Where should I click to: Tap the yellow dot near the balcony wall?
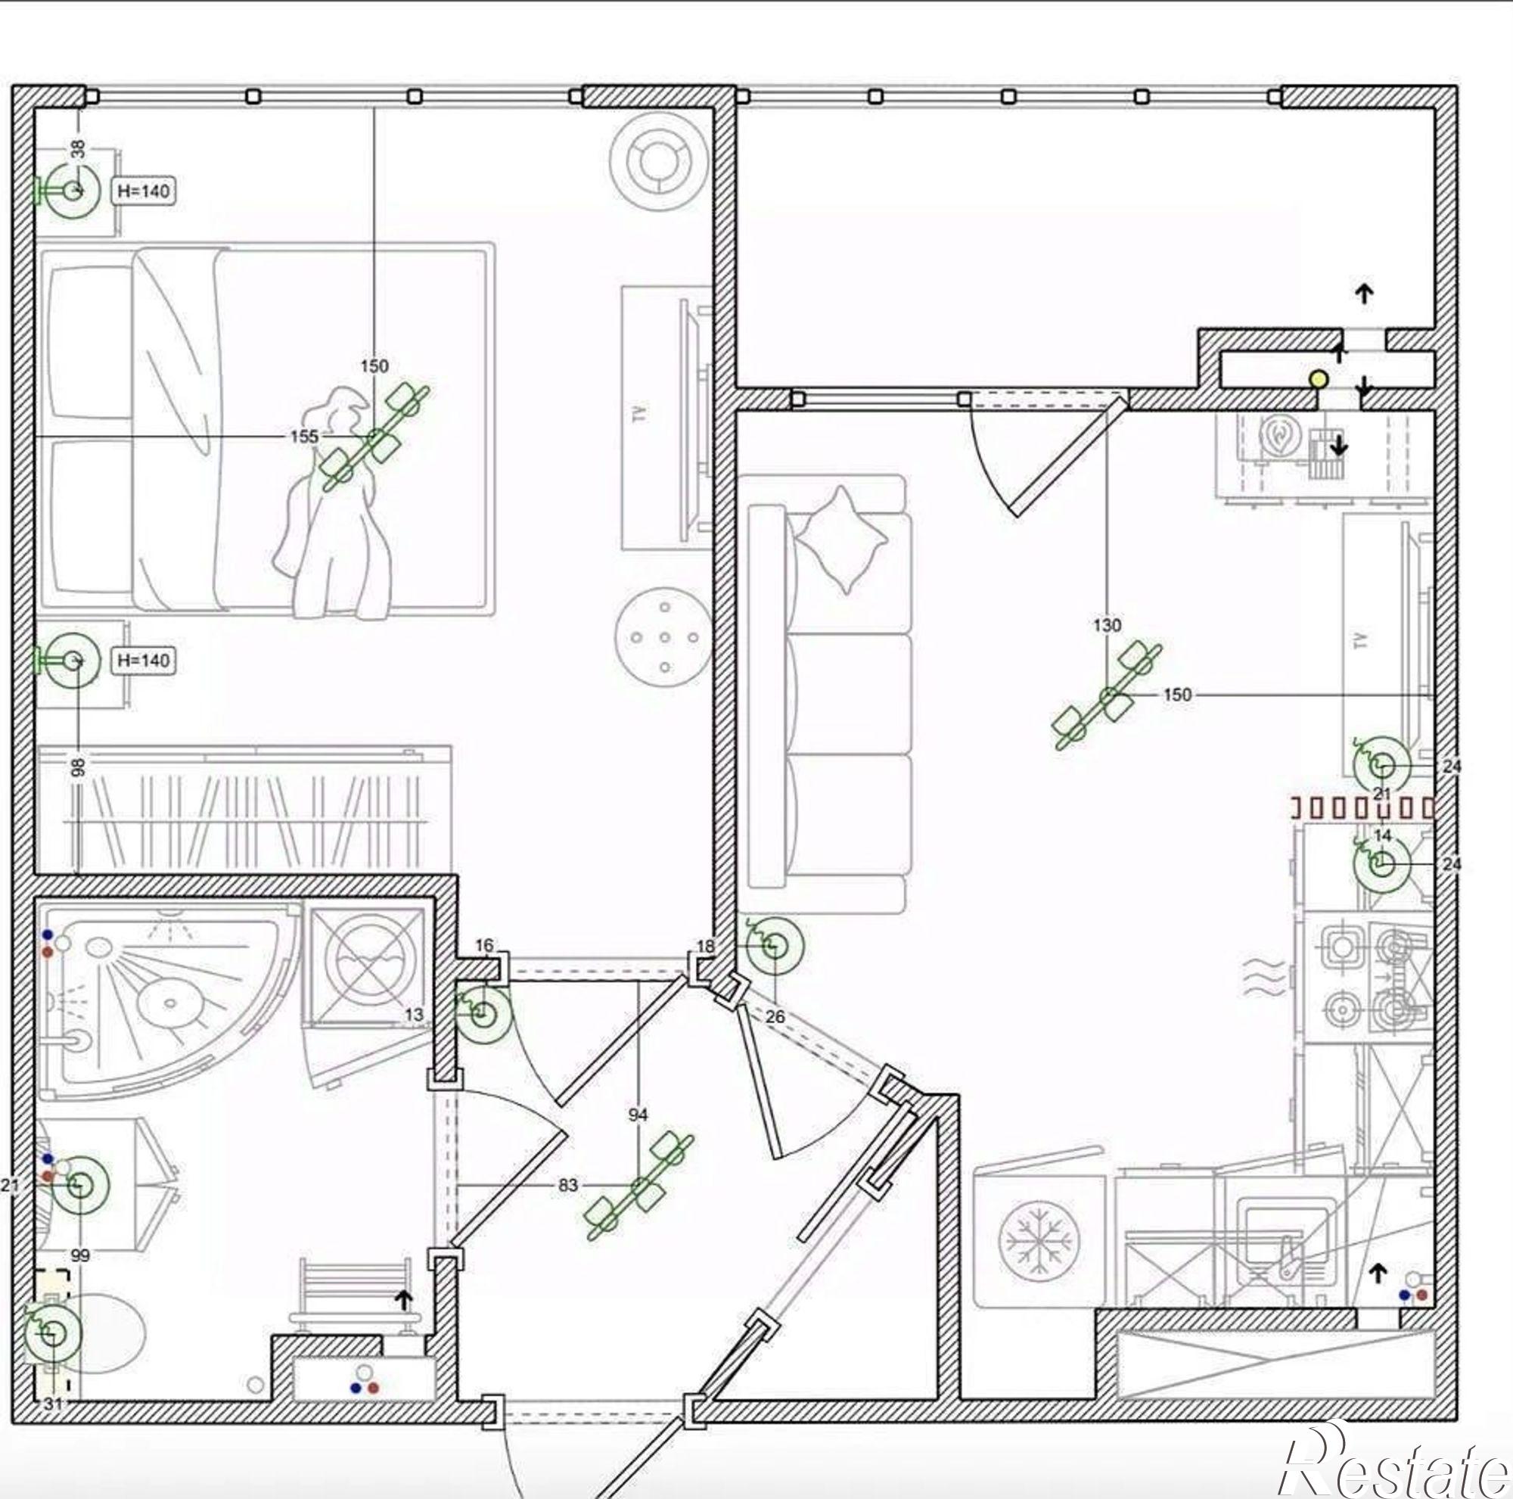coord(1319,380)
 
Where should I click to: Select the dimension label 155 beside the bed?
coord(304,436)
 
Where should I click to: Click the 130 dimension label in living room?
coord(1107,625)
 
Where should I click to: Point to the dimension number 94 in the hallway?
coord(638,1115)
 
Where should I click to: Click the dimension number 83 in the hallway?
coord(568,1186)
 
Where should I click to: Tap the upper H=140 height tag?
coord(143,191)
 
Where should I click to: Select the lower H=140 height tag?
coord(143,661)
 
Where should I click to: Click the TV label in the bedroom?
coord(640,413)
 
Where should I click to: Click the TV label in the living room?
coord(1360,641)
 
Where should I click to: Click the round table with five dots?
coord(664,637)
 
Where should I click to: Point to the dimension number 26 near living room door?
coord(775,1017)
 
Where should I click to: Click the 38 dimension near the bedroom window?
coord(77,149)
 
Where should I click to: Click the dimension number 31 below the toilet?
coord(52,1404)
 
